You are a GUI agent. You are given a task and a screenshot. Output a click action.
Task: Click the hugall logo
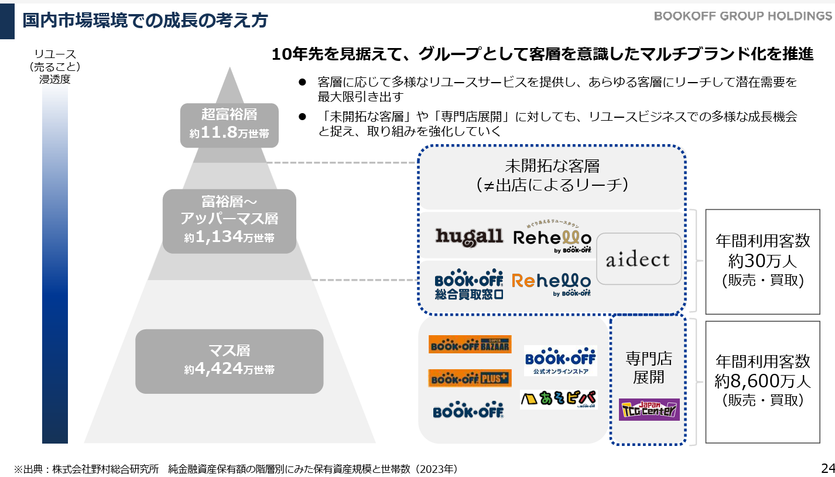coord(469,236)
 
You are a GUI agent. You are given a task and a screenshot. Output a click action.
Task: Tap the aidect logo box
coord(639,258)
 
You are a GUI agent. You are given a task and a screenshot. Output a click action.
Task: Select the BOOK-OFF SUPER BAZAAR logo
coord(470,344)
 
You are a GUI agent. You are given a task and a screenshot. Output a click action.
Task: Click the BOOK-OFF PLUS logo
coord(470,378)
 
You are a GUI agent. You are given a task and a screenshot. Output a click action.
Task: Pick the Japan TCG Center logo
coord(649,409)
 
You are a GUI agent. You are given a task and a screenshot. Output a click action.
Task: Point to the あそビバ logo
coord(558,399)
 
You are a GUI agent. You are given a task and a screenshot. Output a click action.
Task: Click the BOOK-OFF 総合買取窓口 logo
coord(469,284)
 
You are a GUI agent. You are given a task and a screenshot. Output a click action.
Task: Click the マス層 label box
coord(229,361)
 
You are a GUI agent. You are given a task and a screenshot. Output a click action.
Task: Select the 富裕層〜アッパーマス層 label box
coord(229,220)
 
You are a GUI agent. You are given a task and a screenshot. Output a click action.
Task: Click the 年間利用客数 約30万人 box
coord(762,261)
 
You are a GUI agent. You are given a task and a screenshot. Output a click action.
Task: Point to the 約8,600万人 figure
coord(762,381)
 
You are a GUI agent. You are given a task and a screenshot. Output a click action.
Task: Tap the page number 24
coord(827,468)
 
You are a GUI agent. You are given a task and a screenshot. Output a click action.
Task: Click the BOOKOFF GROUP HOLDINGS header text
coord(742,16)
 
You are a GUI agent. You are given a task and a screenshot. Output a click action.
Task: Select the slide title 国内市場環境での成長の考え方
coord(145,21)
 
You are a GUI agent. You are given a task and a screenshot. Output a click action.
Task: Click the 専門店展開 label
coord(649,367)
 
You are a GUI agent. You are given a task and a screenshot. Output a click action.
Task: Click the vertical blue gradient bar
coord(55,264)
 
